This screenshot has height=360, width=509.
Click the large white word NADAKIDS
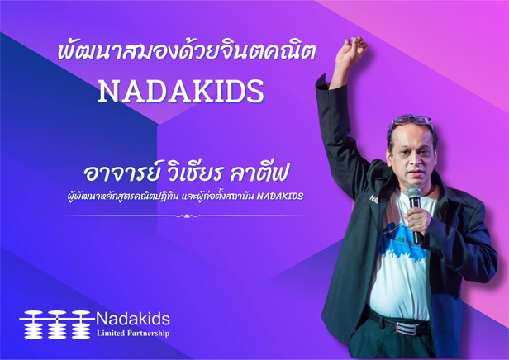click(181, 91)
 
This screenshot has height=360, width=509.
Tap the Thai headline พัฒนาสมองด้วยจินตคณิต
click(187, 51)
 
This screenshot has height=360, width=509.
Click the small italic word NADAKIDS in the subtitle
click(280, 196)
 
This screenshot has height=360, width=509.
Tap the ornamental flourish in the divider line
click(187, 216)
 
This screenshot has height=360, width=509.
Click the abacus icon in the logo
click(55, 324)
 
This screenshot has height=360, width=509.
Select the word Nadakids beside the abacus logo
click(133, 320)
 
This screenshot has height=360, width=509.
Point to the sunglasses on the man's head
click(412, 120)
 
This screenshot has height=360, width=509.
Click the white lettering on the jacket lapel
click(373, 199)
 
